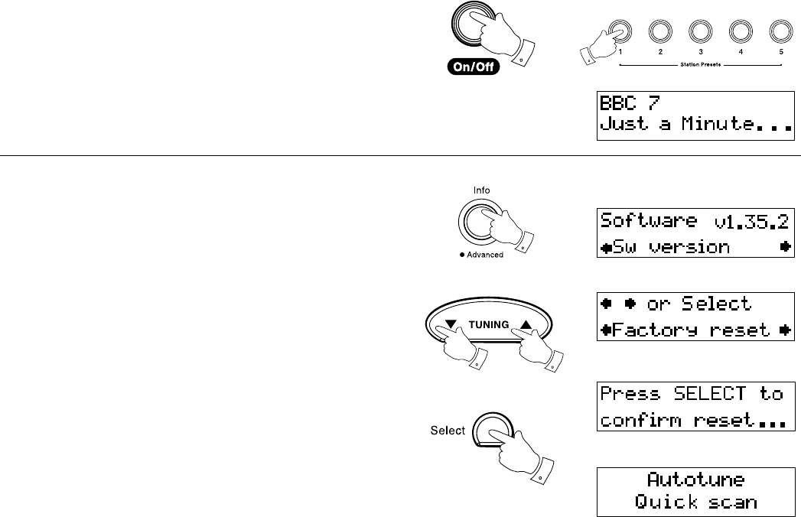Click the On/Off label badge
[474, 67]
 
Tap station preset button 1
[620, 31]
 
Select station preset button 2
[659, 31]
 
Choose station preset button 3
[698, 31]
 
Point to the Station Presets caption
[698, 64]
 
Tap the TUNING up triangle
[526, 325]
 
